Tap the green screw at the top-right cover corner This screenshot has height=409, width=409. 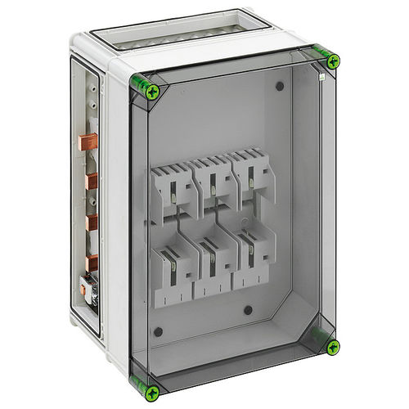(x=332, y=61)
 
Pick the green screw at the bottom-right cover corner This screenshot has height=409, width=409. (x=332, y=347)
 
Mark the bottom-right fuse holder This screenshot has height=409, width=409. (x=254, y=259)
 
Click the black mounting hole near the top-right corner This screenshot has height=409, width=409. (x=280, y=86)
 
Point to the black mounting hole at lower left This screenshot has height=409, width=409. (x=158, y=331)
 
